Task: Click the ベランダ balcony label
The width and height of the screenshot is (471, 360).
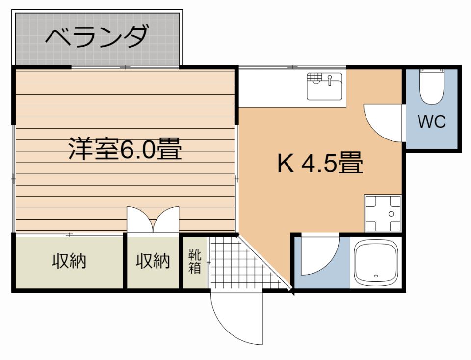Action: [97, 37]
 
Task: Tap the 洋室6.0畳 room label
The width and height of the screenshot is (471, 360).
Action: [125, 148]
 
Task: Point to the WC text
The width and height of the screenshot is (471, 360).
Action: [432, 121]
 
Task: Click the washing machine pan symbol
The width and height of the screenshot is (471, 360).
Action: [383, 214]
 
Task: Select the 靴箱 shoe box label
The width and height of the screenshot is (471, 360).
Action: [195, 261]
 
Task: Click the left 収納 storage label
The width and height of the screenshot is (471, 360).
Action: [69, 261]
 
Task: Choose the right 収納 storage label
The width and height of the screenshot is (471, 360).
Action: [153, 261]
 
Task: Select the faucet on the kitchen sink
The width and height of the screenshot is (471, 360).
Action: [330, 80]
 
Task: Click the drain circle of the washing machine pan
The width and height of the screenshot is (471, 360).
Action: [391, 214]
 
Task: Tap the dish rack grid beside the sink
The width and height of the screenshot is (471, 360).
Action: [314, 76]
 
